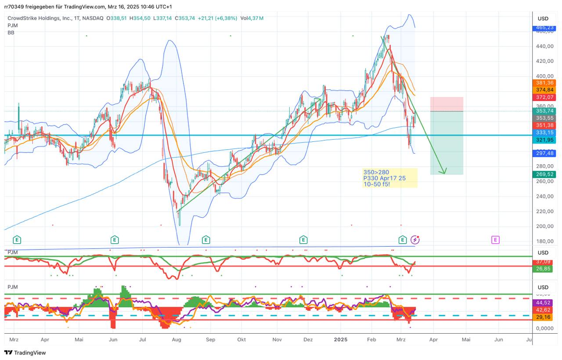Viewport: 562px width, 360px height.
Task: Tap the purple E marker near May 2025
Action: (x=495, y=240)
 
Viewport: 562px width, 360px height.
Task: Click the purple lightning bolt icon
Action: (x=415, y=240)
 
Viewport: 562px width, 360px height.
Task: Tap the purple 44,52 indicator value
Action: (x=543, y=302)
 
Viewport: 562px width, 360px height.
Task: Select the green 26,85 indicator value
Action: (x=543, y=269)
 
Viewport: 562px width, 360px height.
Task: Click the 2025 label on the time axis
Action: (x=340, y=339)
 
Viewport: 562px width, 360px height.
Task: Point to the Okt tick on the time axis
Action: (x=241, y=339)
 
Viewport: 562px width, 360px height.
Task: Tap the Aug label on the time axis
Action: (x=177, y=339)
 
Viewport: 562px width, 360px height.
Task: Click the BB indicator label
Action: (x=11, y=32)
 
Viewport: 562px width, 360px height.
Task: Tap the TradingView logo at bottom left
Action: (x=25, y=353)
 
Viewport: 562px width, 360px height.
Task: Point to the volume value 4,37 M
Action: (x=256, y=18)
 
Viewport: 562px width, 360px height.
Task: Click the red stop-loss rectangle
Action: (x=447, y=104)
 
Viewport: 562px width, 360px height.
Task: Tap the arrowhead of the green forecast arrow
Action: (x=444, y=172)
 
